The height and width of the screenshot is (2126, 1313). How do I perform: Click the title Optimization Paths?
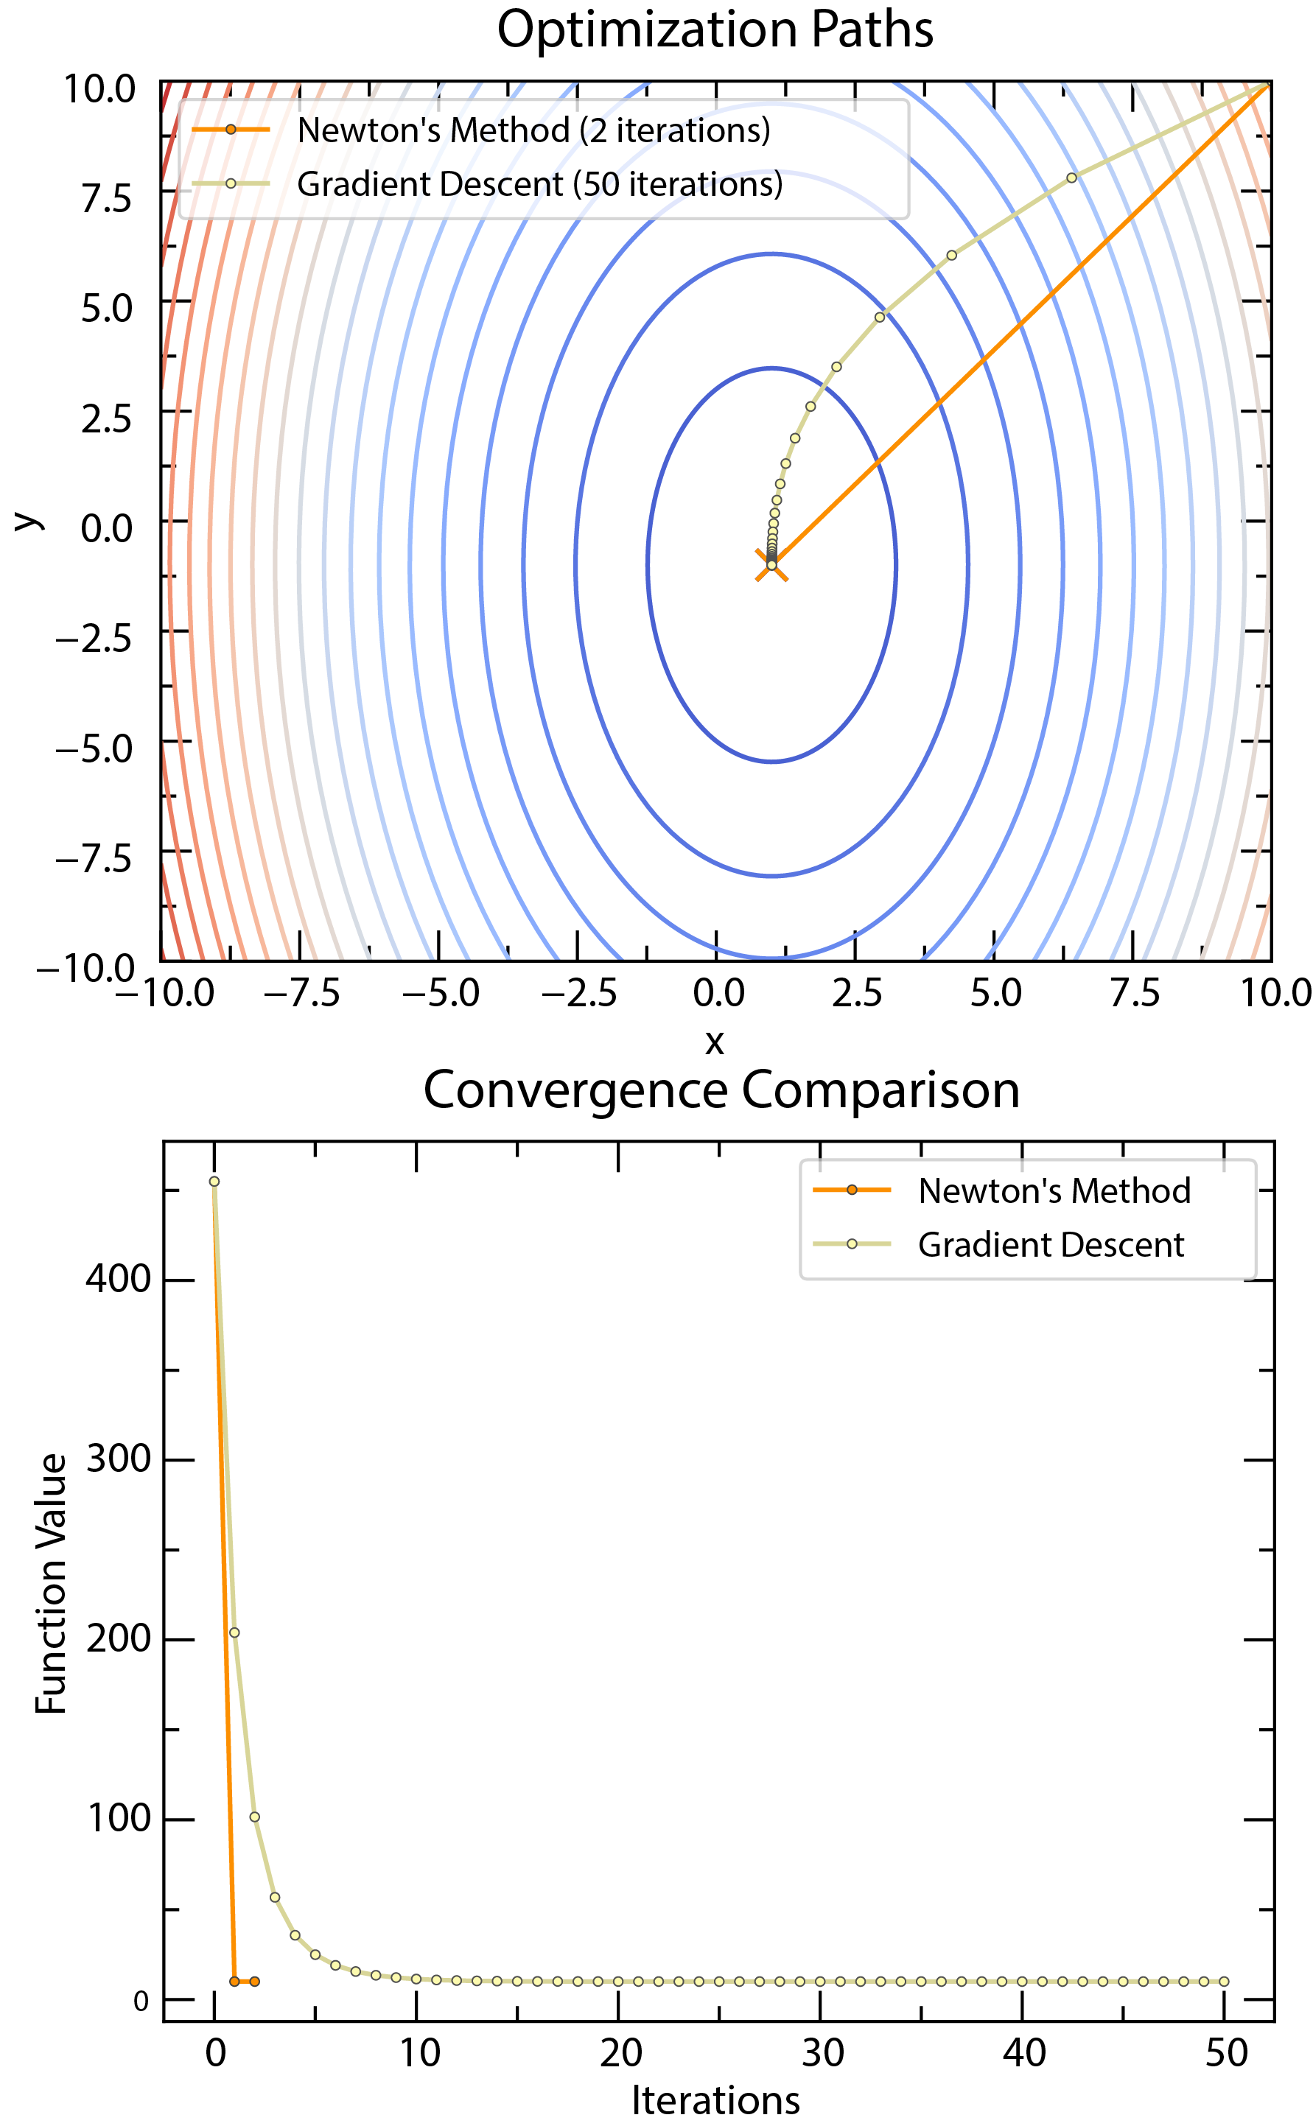pos(715,29)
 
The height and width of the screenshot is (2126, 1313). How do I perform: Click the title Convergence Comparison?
pos(721,1090)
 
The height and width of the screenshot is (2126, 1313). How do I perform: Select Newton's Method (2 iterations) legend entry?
pos(533,131)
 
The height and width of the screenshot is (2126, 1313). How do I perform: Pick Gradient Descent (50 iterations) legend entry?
pos(539,185)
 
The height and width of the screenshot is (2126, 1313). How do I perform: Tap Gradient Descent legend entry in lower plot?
pos(1050,1245)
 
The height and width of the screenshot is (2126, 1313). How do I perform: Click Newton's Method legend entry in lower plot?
pos(1054,1191)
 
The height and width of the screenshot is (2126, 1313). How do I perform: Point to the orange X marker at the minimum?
pos(771,565)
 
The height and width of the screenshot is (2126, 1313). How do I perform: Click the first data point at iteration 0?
pos(214,1182)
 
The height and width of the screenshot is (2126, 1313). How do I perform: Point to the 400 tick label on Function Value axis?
pos(118,1280)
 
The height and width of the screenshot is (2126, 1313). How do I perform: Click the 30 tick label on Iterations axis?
pos(822,2054)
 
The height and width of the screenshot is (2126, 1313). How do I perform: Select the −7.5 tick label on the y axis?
pos(94,860)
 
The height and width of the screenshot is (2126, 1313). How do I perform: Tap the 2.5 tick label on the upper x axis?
pos(857,993)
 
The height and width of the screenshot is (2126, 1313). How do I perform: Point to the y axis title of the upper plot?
pos(28,521)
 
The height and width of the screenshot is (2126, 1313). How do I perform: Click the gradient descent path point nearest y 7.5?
pos(1071,178)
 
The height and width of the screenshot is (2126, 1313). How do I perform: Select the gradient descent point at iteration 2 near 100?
pos(254,1817)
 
